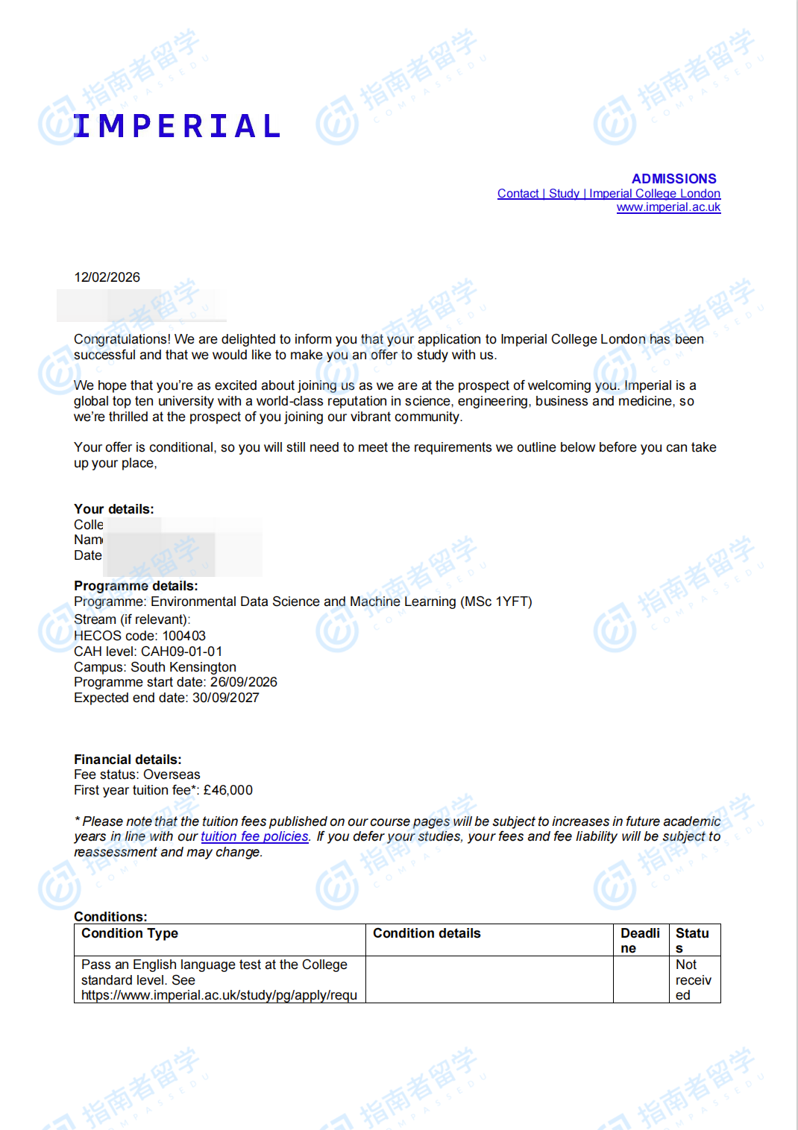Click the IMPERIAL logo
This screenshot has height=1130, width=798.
pos(177,126)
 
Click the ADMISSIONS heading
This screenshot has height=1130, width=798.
pos(673,179)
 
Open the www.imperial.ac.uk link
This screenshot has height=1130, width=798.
pos(668,207)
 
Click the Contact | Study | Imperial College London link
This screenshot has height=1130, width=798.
pos(609,194)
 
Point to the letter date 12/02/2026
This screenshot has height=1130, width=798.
pos(107,277)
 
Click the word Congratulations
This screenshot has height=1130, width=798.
pos(122,339)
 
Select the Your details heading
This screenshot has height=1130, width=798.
pos(113,509)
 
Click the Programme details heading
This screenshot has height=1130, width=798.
pos(136,586)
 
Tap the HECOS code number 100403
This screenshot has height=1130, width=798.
pos(184,636)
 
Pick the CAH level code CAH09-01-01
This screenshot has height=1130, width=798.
pos(181,651)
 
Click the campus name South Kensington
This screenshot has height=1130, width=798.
pos(183,667)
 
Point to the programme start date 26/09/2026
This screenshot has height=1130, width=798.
pos(243,682)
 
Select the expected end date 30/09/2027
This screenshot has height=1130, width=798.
pos(225,698)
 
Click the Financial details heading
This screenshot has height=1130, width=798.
pos(128,760)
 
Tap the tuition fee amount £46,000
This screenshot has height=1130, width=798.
pos(227,790)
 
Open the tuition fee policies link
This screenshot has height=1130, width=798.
pos(254,836)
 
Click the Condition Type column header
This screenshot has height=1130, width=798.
pos(130,933)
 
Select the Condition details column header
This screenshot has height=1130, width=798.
pos(427,933)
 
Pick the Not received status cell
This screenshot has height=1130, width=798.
pos(693,979)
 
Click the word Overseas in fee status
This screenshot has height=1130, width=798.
pos(172,774)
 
